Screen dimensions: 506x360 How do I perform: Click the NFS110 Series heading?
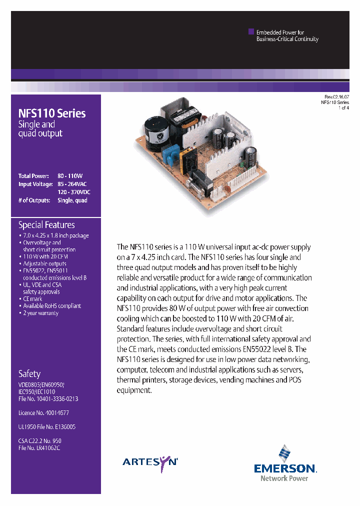click(52, 113)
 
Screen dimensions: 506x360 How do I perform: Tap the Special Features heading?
click(46, 225)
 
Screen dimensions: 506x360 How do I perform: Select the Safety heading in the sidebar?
click(29, 373)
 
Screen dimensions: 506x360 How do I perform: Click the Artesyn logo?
click(150, 462)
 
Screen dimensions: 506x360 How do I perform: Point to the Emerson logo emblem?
click(284, 454)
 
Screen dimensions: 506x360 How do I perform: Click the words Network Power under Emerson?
click(284, 478)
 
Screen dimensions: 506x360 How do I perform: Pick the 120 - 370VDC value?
click(74, 192)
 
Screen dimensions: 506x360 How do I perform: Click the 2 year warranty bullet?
click(40, 313)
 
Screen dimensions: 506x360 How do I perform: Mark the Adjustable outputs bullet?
click(44, 263)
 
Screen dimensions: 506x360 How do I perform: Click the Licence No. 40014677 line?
click(43, 413)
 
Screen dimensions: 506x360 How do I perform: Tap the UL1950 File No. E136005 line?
click(47, 427)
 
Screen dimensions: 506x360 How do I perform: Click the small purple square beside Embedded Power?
click(251, 31)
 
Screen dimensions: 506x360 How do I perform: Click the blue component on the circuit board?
click(171, 156)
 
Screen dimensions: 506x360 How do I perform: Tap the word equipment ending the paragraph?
click(134, 390)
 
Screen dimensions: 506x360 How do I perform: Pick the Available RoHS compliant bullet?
click(52, 305)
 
